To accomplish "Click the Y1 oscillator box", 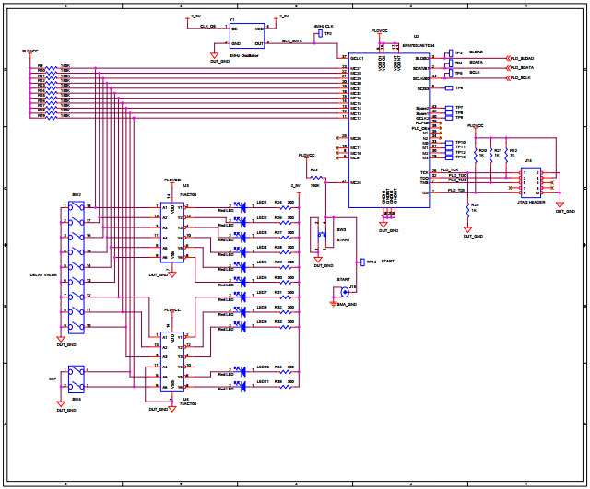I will pyautogui.click(x=247, y=36).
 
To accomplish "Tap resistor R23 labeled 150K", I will pyautogui.click(x=314, y=176).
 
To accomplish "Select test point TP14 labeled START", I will pyautogui.click(x=362, y=262).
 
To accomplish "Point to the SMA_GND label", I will pyautogui.click(x=347, y=303).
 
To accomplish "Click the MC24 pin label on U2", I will pyautogui.click(x=356, y=182).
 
